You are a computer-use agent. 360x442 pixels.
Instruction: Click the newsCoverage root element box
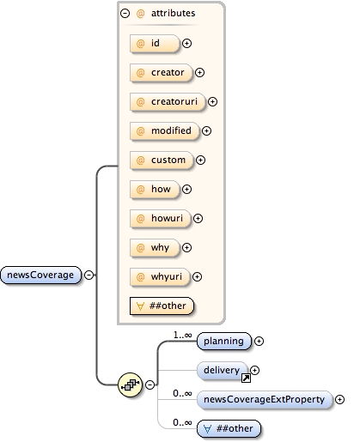click(42, 275)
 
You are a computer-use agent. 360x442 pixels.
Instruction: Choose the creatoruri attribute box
click(166, 101)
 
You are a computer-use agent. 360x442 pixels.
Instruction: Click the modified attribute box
click(162, 130)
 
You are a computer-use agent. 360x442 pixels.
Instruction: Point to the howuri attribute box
click(159, 218)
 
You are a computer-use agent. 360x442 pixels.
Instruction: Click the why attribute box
click(153, 247)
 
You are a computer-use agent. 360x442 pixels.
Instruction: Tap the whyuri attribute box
click(159, 276)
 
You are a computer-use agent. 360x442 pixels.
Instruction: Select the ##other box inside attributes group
click(161, 305)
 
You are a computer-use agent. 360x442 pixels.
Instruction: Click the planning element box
click(224, 341)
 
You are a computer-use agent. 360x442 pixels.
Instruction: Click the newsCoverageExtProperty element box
click(264, 399)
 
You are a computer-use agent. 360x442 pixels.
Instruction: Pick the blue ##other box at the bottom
click(229, 427)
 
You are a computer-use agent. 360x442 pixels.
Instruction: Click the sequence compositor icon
click(129, 384)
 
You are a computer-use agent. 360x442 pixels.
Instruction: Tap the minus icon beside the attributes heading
click(125, 14)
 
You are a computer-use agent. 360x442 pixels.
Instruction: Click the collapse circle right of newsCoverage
click(90, 275)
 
